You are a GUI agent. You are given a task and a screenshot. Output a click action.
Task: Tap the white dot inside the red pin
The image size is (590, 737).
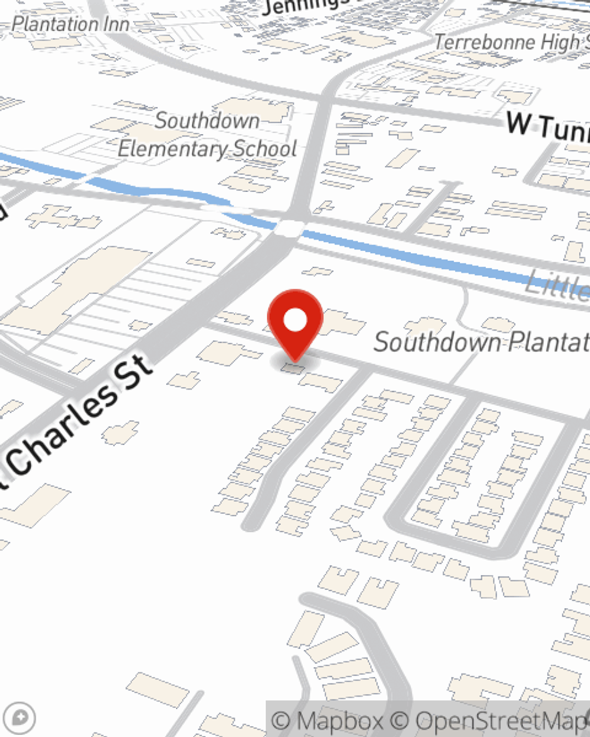pos(295,321)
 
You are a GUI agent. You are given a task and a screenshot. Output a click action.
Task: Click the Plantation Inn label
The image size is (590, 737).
pos(71,24)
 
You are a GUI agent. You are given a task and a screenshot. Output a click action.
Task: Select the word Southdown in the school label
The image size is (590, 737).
pos(207,121)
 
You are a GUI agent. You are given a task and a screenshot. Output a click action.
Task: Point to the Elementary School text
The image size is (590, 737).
pos(207,149)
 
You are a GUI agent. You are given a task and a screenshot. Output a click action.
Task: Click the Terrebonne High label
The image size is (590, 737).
pos(511,42)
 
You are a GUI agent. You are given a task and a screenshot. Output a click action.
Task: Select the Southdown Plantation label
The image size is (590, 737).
pos(481,342)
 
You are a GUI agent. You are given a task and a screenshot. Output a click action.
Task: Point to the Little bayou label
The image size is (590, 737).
pos(558,285)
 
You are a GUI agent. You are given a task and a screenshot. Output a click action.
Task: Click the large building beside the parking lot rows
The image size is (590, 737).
pos(77,289)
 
